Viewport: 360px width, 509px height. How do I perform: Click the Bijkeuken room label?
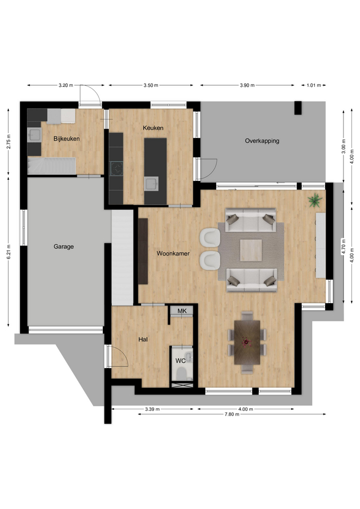point(67,139)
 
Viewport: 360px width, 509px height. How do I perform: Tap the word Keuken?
point(153,128)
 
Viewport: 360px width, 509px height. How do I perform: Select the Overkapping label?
point(262,141)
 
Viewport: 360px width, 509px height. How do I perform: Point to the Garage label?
point(64,247)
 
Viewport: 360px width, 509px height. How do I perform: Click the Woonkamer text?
point(173,253)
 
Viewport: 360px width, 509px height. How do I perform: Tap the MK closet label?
point(182,311)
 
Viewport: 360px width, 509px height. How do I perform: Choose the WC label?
point(180,361)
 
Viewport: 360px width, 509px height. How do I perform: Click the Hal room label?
point(143,339)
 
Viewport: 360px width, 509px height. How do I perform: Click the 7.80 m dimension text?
point(232,414)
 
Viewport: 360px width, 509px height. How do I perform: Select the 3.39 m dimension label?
point(152,409)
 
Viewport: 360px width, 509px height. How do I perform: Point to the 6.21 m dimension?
point(9,251)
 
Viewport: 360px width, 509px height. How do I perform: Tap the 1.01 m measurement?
point(313,85)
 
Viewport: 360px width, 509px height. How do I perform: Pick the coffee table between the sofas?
point(251,250)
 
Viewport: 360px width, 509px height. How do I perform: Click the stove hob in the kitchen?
point(117,169)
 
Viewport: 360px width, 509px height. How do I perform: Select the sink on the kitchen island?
point(151,184)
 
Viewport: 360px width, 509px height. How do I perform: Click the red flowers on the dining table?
point(247,342)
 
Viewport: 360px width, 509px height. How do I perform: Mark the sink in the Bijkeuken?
point(34,134)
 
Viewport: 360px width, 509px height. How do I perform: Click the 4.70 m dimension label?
point(343,247)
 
